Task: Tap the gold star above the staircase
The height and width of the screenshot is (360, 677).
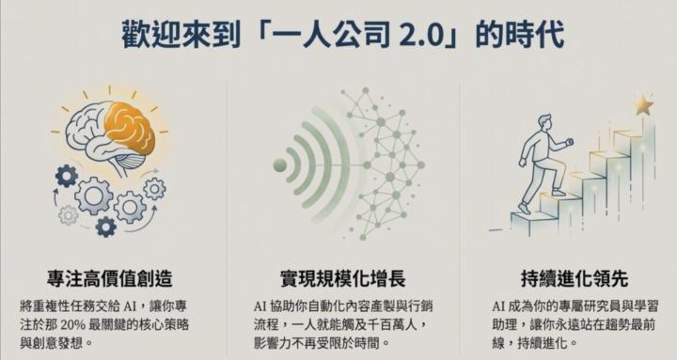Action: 643,105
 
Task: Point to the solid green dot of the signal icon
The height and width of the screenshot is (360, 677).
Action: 279,166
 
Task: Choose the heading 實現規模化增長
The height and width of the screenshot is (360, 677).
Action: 339,279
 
